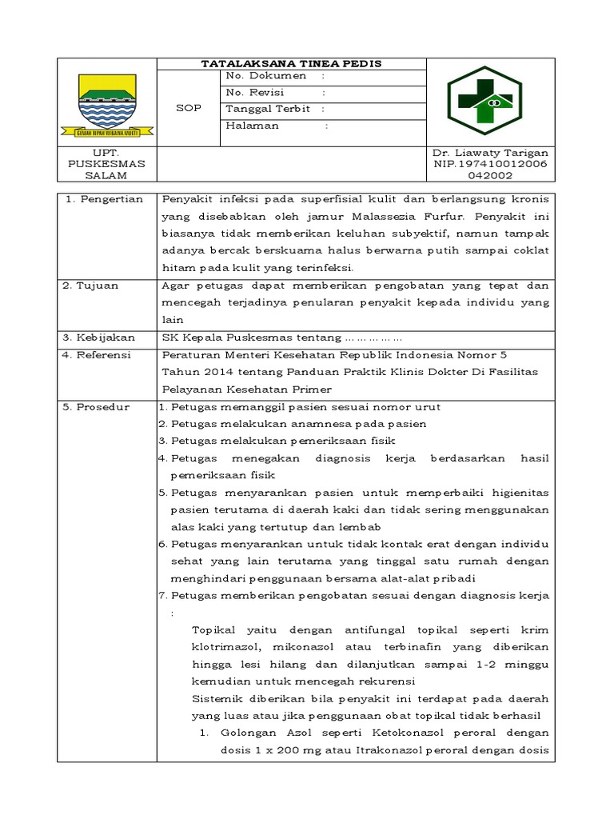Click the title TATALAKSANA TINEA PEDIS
click(291, 63)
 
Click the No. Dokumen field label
click(266, 76)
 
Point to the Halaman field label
click(253, 126)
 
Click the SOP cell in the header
click(189, 108)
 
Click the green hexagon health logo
click(484, 100)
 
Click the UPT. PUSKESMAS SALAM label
click(106, 163)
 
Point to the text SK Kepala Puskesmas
click(221, 338)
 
